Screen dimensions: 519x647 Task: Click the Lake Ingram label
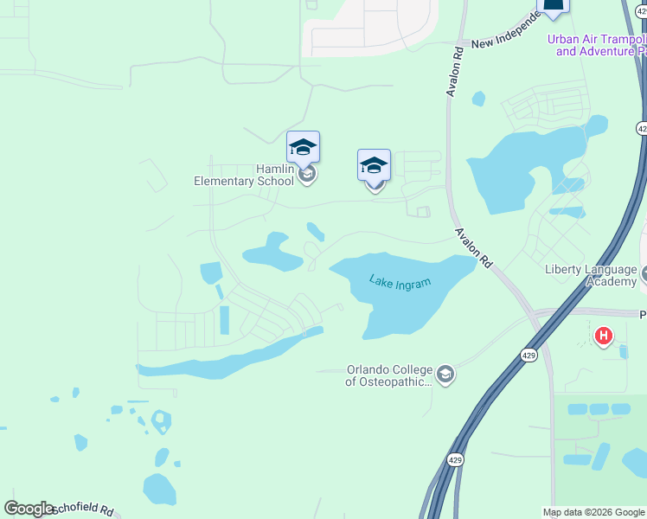point(400,282)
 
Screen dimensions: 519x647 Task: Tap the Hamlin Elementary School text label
point(245,175)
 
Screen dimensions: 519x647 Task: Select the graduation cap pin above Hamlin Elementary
point(304,147)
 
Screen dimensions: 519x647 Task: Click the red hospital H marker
point(604,335)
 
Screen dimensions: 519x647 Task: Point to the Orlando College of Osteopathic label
point(389,375)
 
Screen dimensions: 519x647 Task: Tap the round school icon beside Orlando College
point(445,374)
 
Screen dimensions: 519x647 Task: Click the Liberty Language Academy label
point(591,275)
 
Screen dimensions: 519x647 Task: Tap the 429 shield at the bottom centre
point(456,461)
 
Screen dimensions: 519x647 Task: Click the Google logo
point(29,509)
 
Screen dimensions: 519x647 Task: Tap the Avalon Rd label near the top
point(456,71)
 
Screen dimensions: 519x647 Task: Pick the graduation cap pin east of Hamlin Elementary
point(375,165)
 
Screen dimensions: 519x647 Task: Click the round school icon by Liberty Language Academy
point(644,275)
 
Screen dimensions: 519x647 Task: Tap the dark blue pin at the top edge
point(554,7)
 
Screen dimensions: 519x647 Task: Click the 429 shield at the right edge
point(642,128)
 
